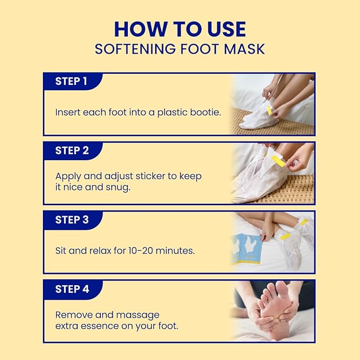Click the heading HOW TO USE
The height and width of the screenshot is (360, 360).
coord(180,29)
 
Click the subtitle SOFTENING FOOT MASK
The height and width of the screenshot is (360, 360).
coord(180,49)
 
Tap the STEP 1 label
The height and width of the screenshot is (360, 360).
coord(72,82)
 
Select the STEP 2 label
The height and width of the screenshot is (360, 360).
coord(72,151)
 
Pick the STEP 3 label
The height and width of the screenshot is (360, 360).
coord(72,219)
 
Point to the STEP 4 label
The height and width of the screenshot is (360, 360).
coord(72,289)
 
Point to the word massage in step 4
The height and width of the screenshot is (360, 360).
coord(140,314)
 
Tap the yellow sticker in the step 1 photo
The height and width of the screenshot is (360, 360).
coord(269,110)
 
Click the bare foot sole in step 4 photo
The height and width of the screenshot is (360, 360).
coord(276,308)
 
